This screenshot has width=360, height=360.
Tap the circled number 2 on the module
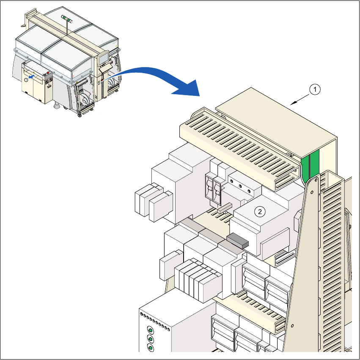click(261, 211)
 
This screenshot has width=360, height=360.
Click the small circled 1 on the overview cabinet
click(26, 79)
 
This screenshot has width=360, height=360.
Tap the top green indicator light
click(150, 329)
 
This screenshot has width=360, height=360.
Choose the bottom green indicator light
click(150, 348)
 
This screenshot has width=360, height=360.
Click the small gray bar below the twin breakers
click(225, 207)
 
